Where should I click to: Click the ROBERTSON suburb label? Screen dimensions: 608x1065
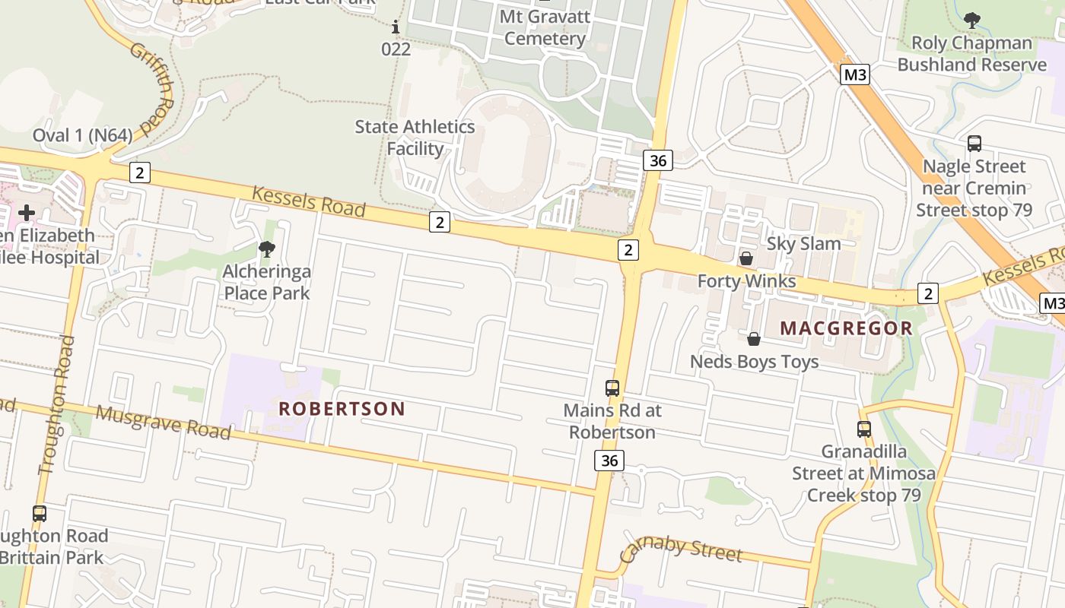342,409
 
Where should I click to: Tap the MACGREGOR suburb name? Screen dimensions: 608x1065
846,328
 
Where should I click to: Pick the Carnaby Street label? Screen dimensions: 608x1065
681,549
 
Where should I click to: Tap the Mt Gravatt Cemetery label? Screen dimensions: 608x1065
545,28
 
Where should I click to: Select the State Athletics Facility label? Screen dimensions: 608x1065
415,138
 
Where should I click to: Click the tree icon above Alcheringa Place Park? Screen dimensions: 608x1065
266,249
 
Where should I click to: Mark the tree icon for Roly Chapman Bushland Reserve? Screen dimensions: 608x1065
971,21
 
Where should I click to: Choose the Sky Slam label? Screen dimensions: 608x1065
803,244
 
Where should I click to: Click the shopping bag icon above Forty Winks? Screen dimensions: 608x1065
746,258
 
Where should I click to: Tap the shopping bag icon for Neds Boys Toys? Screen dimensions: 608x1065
753,338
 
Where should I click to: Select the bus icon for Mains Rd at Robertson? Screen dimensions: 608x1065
612,388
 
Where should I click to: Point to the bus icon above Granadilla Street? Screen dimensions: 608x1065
863,429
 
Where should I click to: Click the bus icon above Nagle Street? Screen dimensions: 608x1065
974,143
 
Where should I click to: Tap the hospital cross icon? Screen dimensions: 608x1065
27,212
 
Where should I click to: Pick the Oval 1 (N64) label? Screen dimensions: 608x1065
82,135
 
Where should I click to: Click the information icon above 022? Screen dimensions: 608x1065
395,28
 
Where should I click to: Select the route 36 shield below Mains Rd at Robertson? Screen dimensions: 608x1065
609,461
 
